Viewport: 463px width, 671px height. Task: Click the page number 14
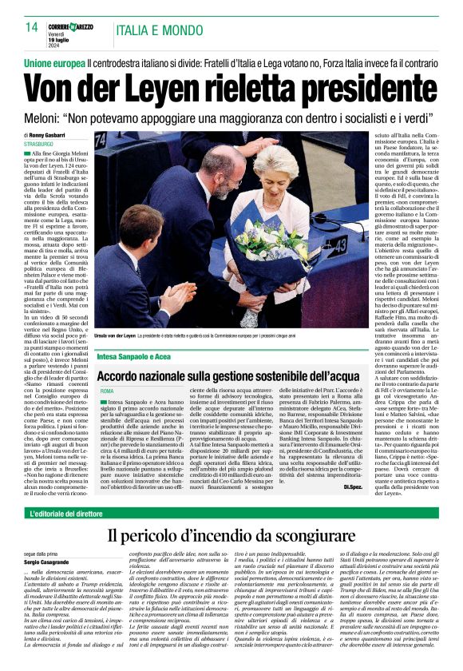coord(32,26)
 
